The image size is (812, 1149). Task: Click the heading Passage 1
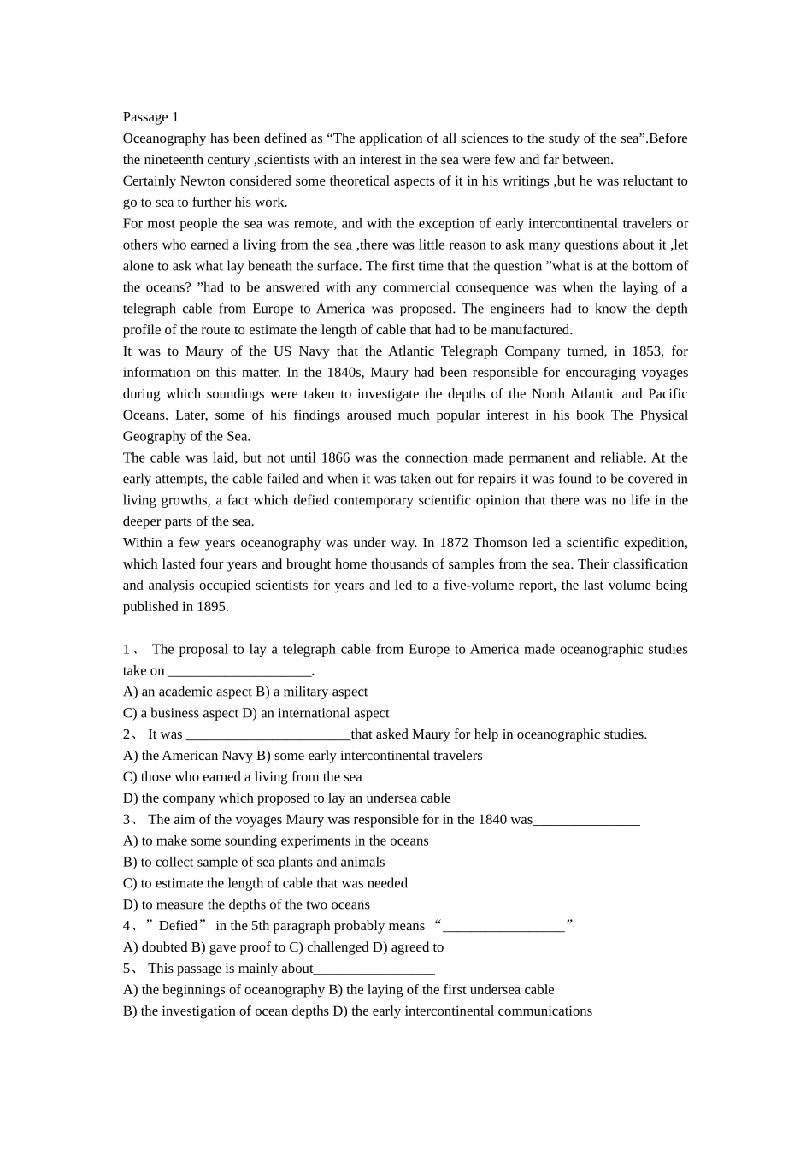150,117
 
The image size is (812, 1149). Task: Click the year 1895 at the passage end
211,607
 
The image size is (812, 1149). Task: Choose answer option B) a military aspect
313,692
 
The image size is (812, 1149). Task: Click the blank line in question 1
239,671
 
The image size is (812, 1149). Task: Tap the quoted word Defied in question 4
178,926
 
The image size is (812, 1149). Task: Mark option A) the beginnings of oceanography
224,990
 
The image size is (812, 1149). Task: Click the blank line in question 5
374,969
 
